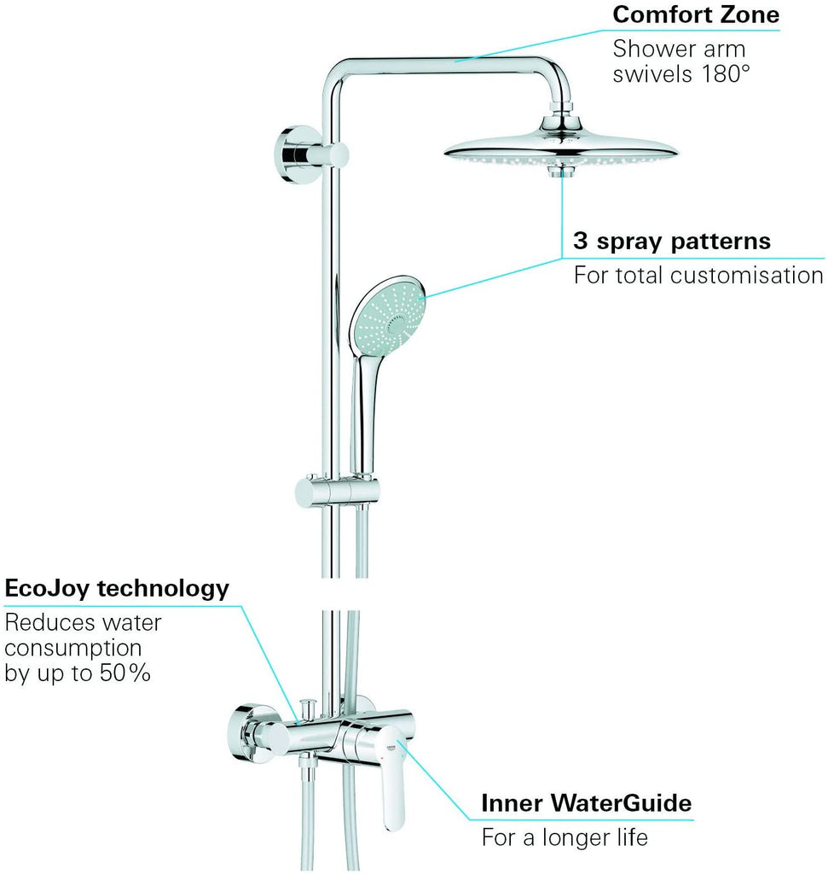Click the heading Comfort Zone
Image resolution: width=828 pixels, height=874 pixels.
pos(695,15)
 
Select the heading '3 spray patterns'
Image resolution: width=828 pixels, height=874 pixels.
pos(671,241)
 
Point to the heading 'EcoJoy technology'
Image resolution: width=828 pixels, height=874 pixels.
pos(117,588)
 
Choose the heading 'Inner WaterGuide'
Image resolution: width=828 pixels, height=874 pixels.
pos(586,803)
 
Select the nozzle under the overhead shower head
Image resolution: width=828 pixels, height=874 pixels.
pos(559,171)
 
